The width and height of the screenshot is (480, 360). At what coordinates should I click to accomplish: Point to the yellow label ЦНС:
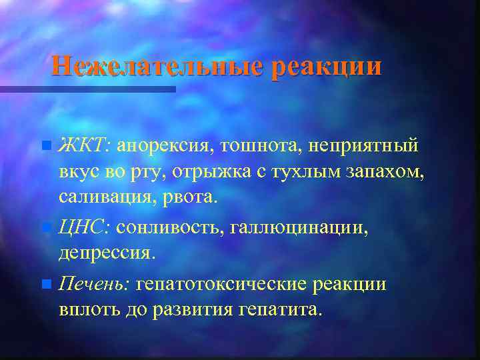point(85,228)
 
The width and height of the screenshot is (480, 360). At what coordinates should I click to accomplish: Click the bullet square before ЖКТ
point(45,145)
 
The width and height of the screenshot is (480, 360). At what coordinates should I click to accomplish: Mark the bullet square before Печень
point(45,285)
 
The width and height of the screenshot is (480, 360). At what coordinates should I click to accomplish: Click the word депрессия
point(107,254)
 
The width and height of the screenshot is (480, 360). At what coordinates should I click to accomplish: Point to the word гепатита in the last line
point(278,310)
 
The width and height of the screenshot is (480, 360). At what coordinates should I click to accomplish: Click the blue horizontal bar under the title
point(87,89)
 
